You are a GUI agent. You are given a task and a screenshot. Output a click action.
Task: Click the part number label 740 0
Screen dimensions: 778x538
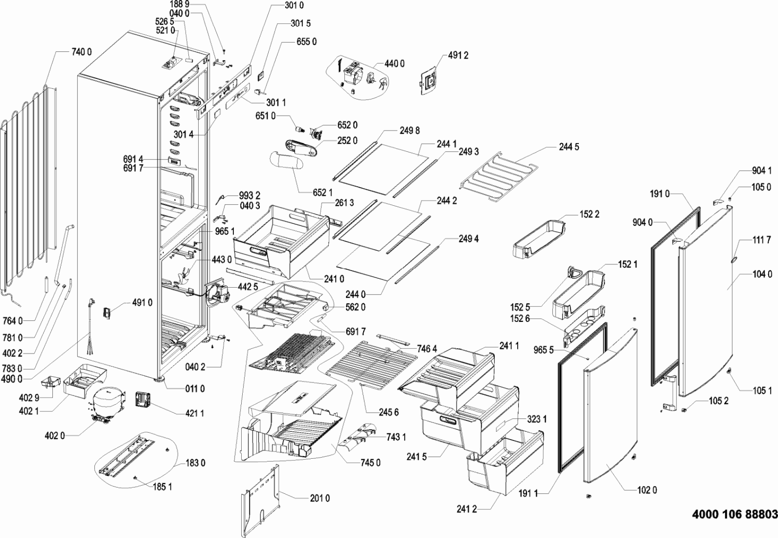point(81,52)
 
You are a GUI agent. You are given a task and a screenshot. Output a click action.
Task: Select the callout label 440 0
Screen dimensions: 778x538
point(395,64)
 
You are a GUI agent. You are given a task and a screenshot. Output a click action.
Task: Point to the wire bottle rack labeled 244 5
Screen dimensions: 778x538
point(498,176)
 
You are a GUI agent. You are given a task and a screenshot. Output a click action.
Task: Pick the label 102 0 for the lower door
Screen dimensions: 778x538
point(647,490)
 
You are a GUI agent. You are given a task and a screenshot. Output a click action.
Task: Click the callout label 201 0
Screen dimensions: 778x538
point(320,499)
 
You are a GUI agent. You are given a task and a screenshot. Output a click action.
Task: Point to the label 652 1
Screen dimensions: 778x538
point(323,193)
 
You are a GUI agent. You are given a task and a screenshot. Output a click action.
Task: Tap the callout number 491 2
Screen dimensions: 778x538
point(458,55)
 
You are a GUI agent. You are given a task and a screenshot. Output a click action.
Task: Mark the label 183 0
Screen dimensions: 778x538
point(195,463)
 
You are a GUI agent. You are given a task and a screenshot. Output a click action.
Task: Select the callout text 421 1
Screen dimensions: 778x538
point(195,414)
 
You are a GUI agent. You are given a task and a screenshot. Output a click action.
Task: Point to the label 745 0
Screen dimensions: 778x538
point(370,463)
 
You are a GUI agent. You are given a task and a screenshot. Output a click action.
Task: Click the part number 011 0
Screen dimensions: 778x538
point(195,389)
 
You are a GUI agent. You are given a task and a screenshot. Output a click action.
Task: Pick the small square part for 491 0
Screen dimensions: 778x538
point(107,313)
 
